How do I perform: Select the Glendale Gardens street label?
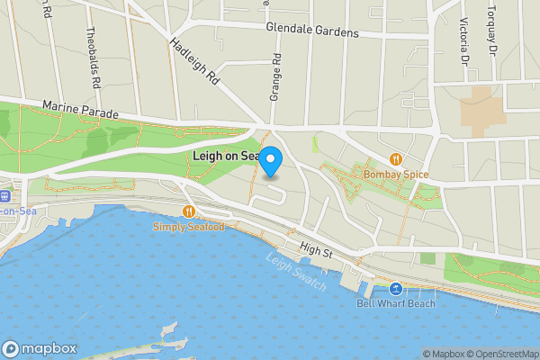[312, 30]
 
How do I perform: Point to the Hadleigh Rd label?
[194, 61]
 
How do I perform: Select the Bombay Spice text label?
[396, 175]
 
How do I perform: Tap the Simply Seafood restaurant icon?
[188, 211]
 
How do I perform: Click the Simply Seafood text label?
[187, 227]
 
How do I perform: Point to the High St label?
[317, 251]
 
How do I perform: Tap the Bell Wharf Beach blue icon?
[396, 289]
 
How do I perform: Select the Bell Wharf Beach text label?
[396, 303]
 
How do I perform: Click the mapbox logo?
[40, 348]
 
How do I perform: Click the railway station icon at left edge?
[4, 196]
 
